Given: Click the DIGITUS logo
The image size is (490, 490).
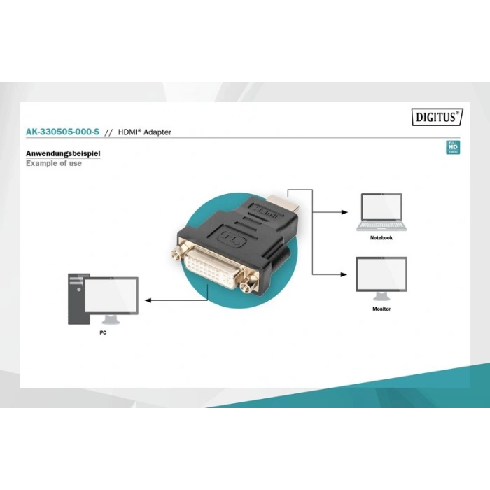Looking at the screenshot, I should pyautogui.click(x=437, y=118).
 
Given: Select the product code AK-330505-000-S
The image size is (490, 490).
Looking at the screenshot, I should pyautogui.click(x=62, y=132).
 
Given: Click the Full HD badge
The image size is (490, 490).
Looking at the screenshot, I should pyautogui.click(x=452, y=148).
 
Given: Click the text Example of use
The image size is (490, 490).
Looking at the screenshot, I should pyautogui.click(x=54, y=163).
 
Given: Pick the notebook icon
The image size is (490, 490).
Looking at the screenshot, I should pyautogui.click(x=381, y=212).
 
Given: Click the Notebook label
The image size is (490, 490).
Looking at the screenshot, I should pyautogui.click(x=381, y=238).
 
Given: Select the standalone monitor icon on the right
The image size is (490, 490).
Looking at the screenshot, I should pyautogui.click(x=381, y=276).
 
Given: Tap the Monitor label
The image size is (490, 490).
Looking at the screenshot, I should pyautogui.click(x=381, y=309).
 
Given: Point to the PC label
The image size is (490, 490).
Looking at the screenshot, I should pyautogui.click(x=103, y=333).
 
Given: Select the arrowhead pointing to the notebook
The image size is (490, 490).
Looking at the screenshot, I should pyautogui.click(x=345, y=211).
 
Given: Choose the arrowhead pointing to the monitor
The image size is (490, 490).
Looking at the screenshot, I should pyautogui.click(x=345, y=274).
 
